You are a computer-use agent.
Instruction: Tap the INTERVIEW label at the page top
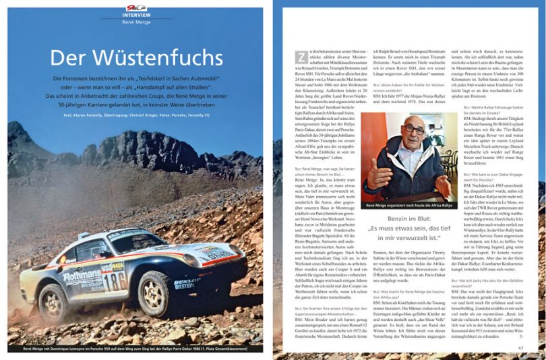132,13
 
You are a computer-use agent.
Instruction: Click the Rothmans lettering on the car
83,276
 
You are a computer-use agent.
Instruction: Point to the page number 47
521,347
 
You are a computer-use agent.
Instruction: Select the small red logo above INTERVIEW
132,6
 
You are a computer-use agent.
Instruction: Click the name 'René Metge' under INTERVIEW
132,22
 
